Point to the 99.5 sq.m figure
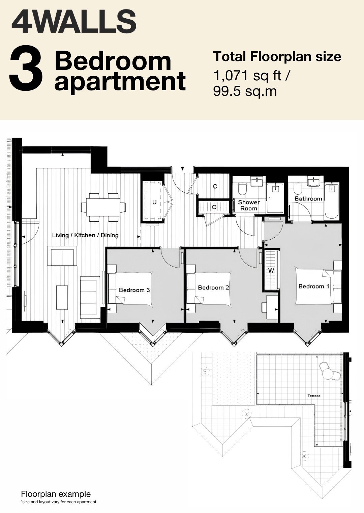245,91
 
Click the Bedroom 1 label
314,286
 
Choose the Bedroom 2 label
213,288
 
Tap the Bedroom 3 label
134,290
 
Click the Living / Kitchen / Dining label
85,235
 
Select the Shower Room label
249,205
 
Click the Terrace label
314,396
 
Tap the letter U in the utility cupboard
155,202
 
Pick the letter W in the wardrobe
271,271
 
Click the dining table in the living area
103,207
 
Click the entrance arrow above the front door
182,168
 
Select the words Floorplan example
56,494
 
